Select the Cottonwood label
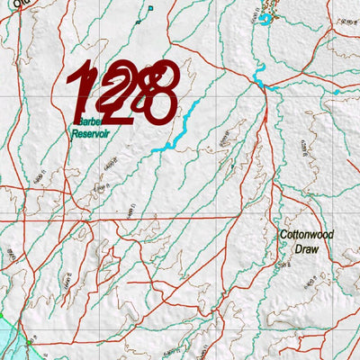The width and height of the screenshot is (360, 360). tap(306, 233)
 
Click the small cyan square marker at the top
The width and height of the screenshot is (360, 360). tap(152, 8)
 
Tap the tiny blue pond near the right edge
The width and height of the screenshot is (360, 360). tap(337, 91)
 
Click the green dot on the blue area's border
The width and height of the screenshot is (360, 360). tap(29, 342)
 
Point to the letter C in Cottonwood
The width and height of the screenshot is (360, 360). tap(282, 233)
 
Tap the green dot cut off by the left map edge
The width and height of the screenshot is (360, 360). tap(2, 316)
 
